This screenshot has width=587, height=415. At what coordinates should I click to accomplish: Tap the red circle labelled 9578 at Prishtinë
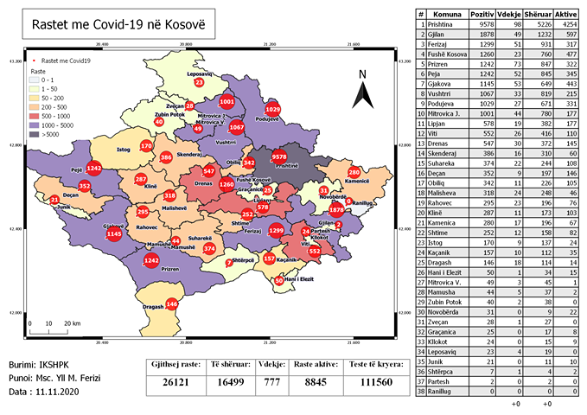coord(279,156)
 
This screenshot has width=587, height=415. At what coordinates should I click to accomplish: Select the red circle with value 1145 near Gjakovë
coord(113,234)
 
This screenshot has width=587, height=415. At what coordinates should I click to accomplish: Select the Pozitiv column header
coord(482,15)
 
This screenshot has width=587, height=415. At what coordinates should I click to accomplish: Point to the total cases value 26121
coord(175,385)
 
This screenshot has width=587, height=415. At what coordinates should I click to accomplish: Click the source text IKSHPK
coord(61,365)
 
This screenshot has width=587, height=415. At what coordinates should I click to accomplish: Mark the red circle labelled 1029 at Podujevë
coord(272,110)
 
